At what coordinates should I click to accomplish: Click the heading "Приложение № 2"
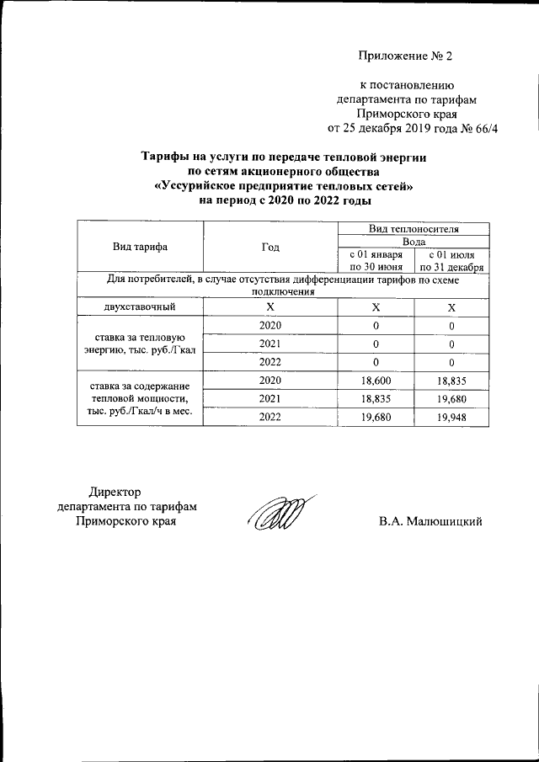point(406,57)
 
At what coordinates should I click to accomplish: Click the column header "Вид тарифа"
point(140,247)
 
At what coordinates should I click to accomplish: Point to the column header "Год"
point(270,247)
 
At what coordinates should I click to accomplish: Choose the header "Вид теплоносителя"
point(414,229)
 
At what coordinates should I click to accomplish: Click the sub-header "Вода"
point(414,242)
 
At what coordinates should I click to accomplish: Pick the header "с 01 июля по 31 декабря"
point(451,260)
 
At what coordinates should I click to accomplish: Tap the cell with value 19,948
point(451,416)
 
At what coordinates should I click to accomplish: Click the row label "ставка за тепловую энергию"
point(140,344)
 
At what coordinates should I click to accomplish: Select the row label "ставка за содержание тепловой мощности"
point(140,398)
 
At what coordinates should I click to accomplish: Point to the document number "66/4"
point(483,129)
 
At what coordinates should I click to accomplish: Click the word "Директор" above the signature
point(115,492)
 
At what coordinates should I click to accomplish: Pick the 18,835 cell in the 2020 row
point(451,381)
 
